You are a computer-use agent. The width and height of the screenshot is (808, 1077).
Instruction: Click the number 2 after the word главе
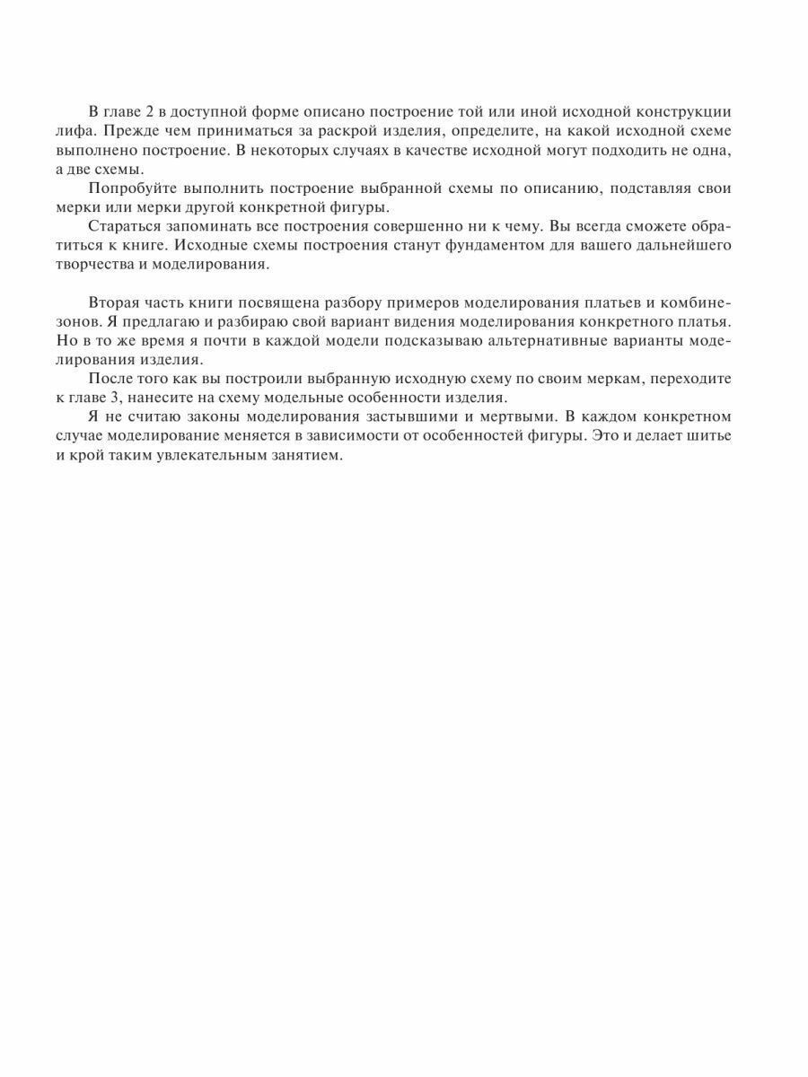coord(148,111)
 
